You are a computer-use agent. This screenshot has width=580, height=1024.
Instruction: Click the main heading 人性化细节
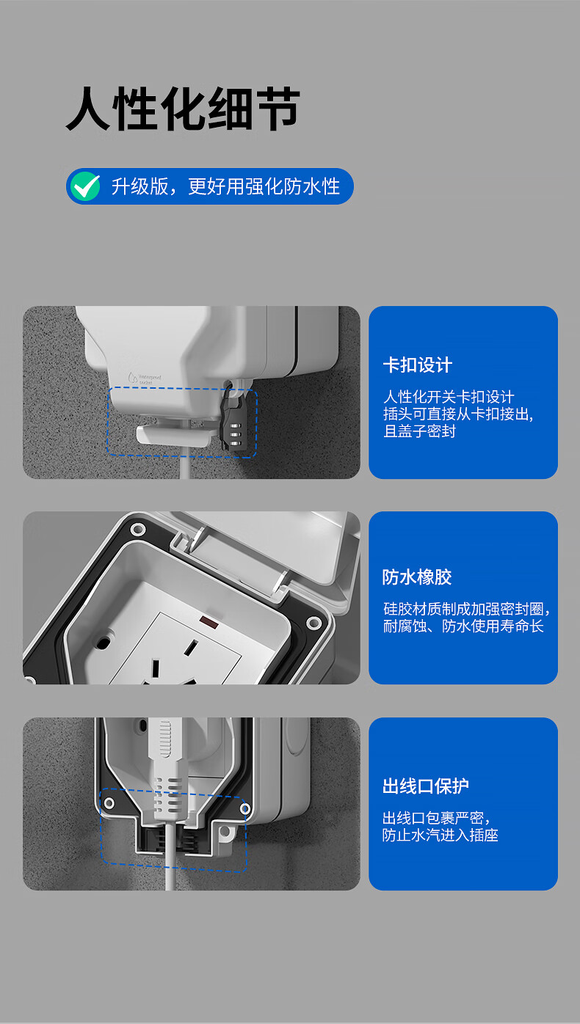(x=183, y=109)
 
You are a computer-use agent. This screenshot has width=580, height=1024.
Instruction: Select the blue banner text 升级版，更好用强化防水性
(x=225, y=186)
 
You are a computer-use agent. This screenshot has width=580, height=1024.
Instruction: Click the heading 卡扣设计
(x=417, y=365)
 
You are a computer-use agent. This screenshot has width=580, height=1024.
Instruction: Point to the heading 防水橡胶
(x=417, y=577)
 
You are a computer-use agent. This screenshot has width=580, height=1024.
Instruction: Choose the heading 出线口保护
(x=425, y=786)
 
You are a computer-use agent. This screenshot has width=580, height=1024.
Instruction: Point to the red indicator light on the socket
(x=209, y=621)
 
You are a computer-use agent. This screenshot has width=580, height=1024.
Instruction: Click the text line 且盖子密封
(x=419, y=431)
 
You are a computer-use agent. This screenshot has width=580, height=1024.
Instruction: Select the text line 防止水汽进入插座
(x=440, y=835)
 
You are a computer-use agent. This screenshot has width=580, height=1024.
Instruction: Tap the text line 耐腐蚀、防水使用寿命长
(x=463, y=626)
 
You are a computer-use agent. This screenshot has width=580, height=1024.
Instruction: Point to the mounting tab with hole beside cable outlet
(x=225, y=836)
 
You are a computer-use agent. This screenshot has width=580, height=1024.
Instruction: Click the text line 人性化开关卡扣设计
(x=449, y=396)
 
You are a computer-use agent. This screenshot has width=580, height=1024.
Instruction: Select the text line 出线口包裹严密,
(x=436, y=818)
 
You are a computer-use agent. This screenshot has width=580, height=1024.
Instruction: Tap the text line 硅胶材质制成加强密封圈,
(x=466, y=609)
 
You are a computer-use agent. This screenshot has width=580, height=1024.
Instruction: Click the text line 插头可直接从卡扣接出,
(x=458, y=414)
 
